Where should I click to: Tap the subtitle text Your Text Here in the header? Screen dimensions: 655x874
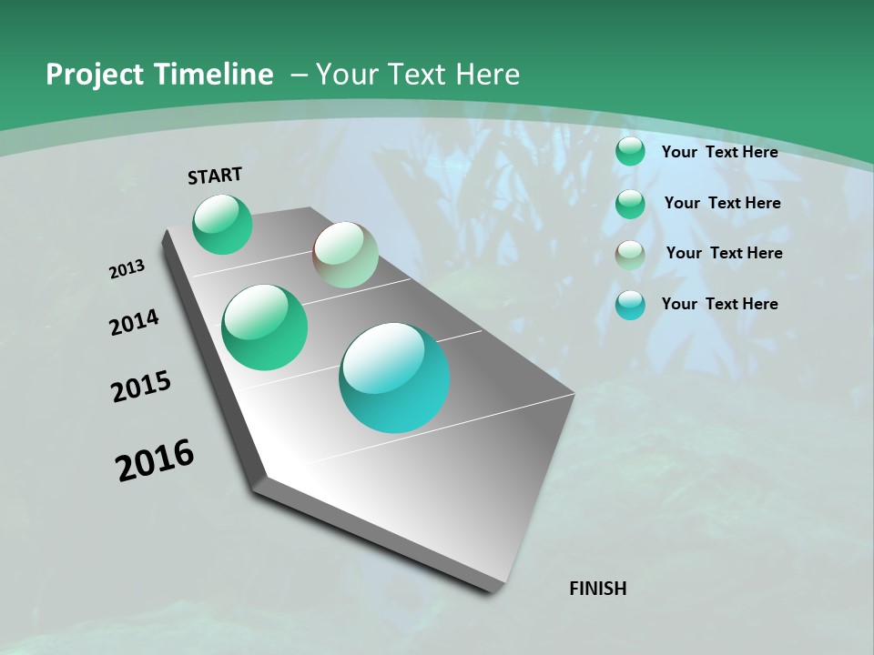(x=418, y=75)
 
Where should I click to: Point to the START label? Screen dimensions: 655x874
(x=215, y=176)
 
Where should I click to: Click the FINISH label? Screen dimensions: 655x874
(x=598, y=589)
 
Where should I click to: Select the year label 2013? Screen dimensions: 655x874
(x=127, y=269)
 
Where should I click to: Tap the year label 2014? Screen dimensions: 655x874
(x=135, y=323)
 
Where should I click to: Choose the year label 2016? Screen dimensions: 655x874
(x=155, y=460)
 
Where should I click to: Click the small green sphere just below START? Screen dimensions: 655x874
(x=222, y=224)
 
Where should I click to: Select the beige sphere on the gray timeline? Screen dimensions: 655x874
(x=345, y=255)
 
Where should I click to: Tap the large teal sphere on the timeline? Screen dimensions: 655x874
(x=394, y=377)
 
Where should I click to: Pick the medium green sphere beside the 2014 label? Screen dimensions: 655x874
(x=265, y=327)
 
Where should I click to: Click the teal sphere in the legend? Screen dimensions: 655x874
(x=630, y=305)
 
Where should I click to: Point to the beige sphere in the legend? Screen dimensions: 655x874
(x=630, y=255)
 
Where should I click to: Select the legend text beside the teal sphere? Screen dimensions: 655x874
(x=719, y=304)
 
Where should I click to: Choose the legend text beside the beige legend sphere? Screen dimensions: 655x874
(x=724, y=253)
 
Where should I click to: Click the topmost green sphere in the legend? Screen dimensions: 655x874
(x=630, y=152)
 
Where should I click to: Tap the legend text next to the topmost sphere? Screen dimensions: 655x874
(x=719, y=152)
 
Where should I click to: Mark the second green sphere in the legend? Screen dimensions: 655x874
(x=630, y=204)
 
